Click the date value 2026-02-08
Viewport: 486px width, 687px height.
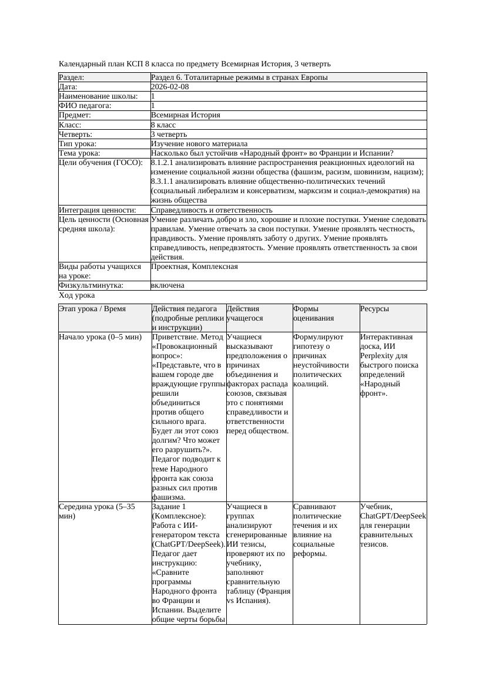170,87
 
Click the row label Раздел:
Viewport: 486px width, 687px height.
72,78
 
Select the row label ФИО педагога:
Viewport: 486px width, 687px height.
85,106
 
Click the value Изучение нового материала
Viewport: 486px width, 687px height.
199,144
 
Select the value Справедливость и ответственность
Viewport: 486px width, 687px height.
212,210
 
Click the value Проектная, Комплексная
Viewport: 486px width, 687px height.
194,267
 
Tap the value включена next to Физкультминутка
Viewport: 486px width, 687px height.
167,285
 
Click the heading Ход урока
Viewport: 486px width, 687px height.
77,296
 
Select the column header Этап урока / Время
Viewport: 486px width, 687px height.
92,309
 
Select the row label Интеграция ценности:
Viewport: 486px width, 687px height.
98,210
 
